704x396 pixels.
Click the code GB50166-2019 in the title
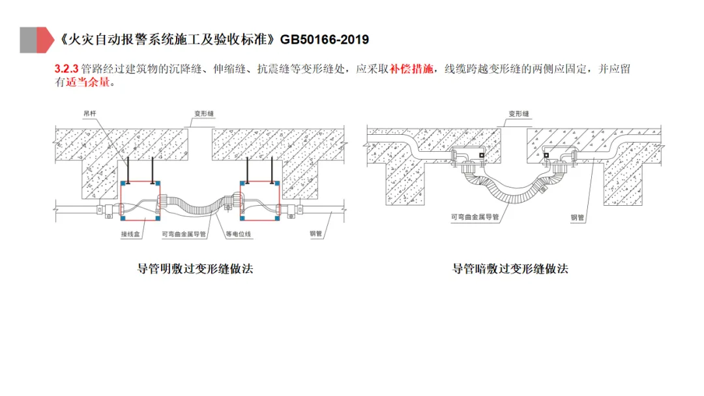pos(325,40)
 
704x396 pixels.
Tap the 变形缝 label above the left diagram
pos(203,113)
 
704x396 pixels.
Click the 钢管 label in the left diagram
pos(315,233)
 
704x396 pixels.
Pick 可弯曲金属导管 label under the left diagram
pos(184,233)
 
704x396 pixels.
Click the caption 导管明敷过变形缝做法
pos(195,268)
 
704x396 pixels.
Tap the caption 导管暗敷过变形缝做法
pos(510,268)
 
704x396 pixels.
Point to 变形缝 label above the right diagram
pos(518,113)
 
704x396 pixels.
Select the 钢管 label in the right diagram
pos(578,218)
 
